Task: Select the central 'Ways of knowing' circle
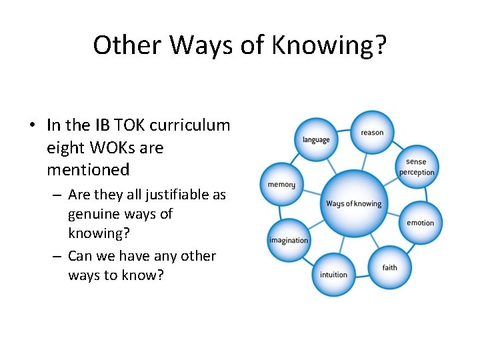353,203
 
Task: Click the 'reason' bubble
372,132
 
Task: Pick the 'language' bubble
316,140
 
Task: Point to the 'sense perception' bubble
416,167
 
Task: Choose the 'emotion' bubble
420,223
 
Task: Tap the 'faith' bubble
390,267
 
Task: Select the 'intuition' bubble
333,274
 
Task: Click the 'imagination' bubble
289,240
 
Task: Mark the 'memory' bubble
281,185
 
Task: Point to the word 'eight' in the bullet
64,147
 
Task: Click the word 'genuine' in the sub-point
93,215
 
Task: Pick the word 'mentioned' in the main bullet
88,170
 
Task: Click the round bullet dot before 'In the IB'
32,125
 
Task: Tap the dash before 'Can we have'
56,257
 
